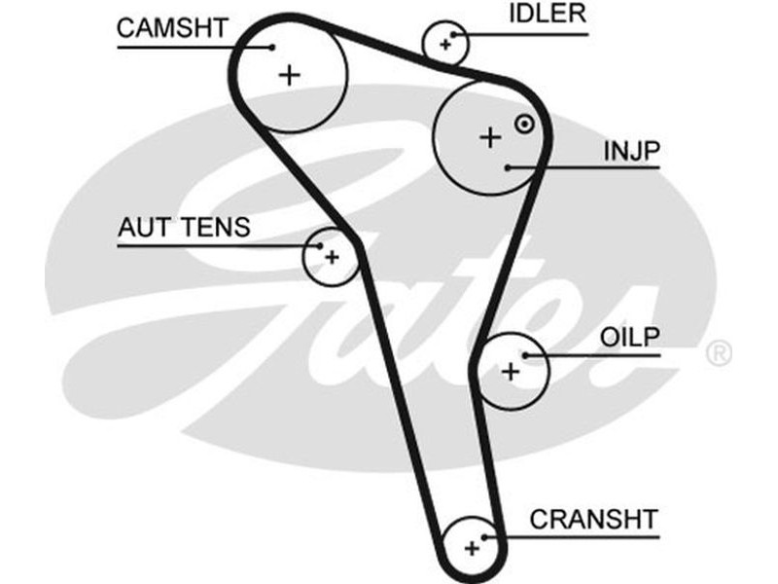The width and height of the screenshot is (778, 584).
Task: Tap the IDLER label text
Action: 548,14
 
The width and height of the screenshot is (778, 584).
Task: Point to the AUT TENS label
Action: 184,228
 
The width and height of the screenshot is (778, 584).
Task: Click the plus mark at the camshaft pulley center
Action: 289,75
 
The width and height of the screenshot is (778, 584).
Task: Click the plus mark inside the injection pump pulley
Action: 490,137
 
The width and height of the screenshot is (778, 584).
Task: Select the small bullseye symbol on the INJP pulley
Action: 524,124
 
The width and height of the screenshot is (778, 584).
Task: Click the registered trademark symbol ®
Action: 718,352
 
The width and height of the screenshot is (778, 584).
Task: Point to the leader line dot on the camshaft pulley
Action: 273,46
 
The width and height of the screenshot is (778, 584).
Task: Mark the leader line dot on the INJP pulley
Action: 509,167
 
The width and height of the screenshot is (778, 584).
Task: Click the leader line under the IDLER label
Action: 525,34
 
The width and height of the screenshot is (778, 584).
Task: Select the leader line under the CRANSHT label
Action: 574,535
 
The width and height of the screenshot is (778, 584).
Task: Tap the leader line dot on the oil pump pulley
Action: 525,355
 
